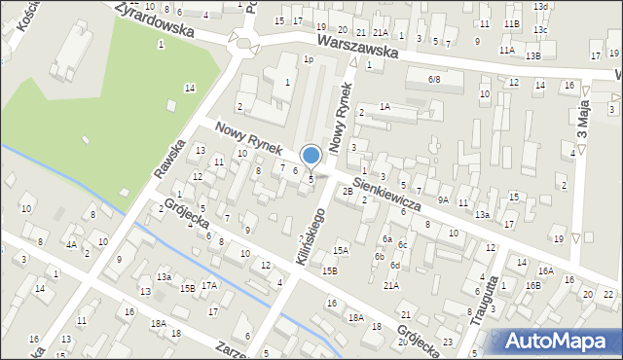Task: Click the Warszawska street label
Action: (x=357, y=48)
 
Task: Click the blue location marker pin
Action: (x=311, y=156)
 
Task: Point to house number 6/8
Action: (x=435, y=79)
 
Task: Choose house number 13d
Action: (x=540, y=7)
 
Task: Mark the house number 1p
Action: (x=308, y=59)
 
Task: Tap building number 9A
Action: (x=443, y=200)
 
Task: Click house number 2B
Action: (x=348, y=191)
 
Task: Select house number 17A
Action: (x=209, y=285)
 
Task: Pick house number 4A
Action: (x=71, y=245)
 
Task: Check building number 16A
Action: (x=545, y=271)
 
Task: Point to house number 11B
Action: (x=512, y=23)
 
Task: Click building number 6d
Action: (x=395, y=265)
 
